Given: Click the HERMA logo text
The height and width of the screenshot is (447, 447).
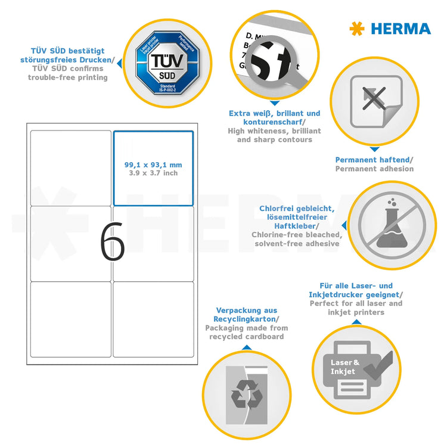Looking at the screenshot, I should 401,28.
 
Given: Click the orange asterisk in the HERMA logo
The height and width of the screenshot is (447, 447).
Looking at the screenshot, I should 356,28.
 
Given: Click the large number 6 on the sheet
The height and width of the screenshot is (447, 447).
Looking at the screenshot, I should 112,242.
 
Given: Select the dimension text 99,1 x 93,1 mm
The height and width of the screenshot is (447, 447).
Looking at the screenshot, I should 153,164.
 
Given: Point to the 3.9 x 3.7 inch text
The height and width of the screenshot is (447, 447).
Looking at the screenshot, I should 153,173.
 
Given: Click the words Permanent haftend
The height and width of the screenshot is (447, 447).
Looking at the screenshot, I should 372,160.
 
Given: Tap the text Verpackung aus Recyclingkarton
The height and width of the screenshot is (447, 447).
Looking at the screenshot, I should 246,315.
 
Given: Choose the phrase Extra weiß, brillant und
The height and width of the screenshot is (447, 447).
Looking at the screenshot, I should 274,113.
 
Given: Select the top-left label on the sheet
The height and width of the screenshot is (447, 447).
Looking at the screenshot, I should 70,168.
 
